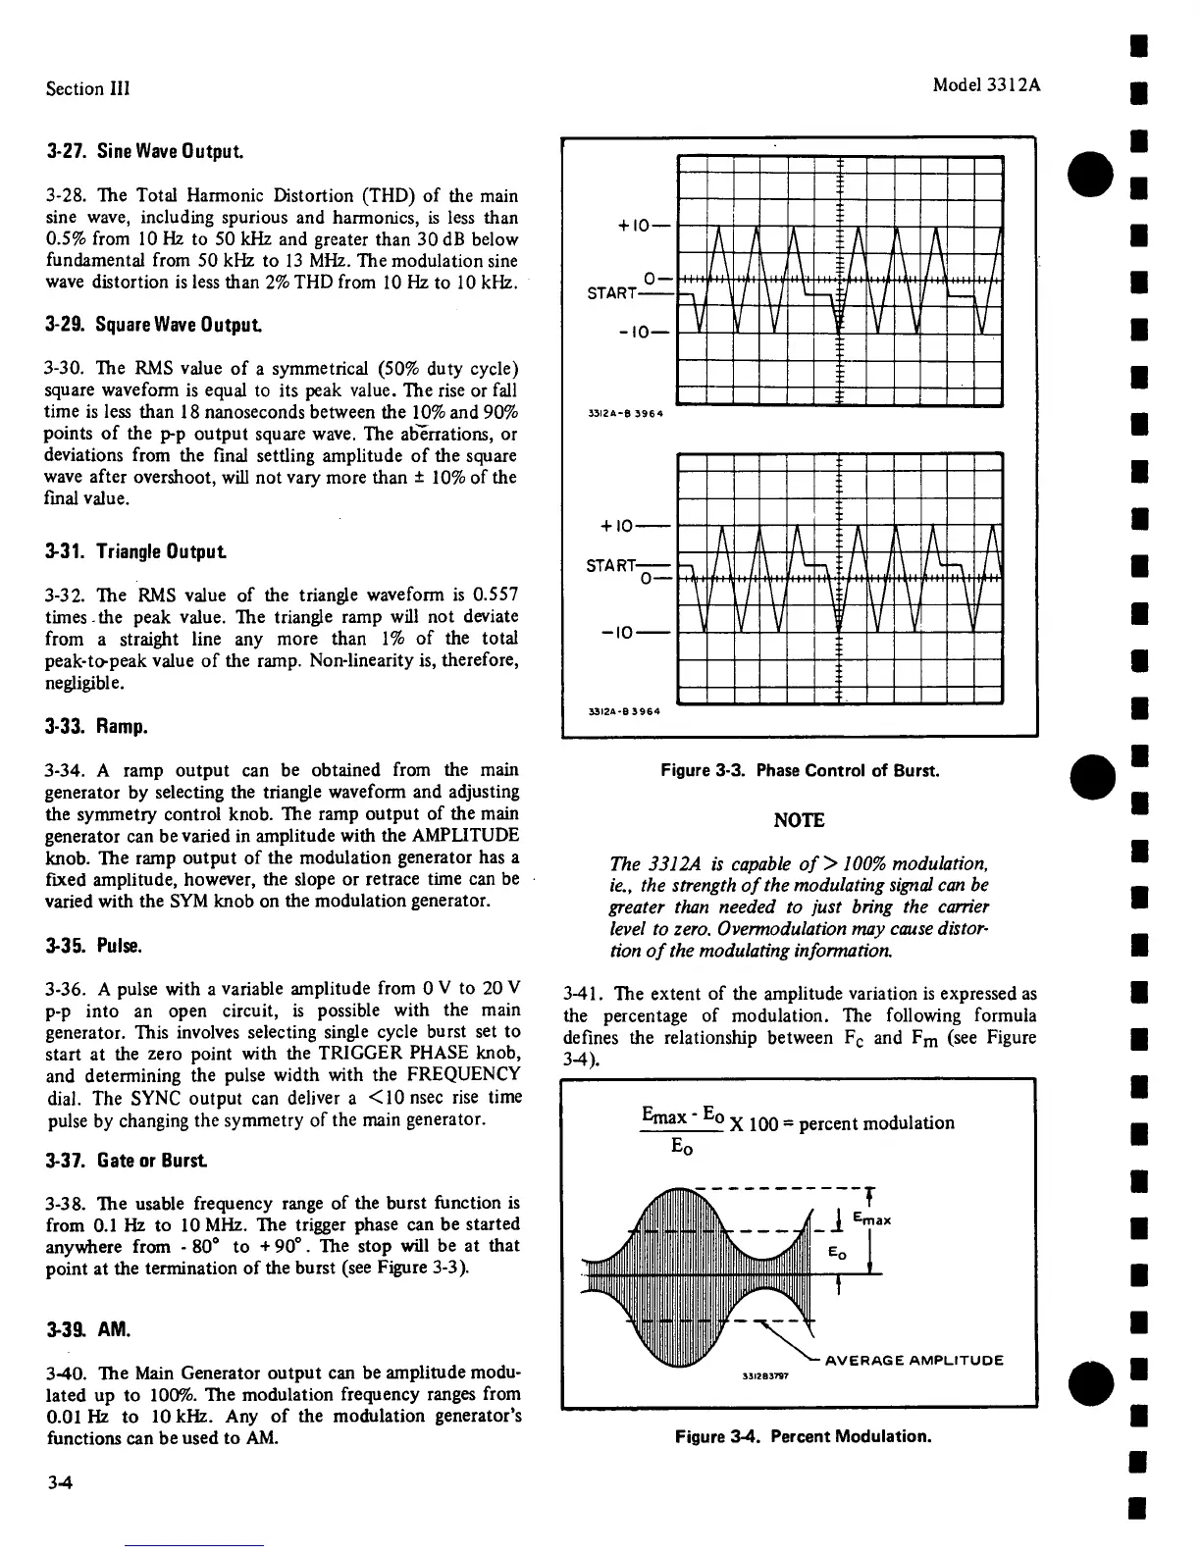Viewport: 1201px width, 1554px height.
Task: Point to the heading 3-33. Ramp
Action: click(96, 727)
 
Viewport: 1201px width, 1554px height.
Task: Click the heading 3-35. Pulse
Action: click(94, 948)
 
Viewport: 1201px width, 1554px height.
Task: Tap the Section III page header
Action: click(88, 88)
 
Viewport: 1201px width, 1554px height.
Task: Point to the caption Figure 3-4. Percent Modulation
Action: click(803, 1437)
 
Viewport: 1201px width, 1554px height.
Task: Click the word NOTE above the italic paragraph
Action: click(800, 820)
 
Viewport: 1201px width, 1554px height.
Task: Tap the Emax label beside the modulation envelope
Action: click(871, 1220)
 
